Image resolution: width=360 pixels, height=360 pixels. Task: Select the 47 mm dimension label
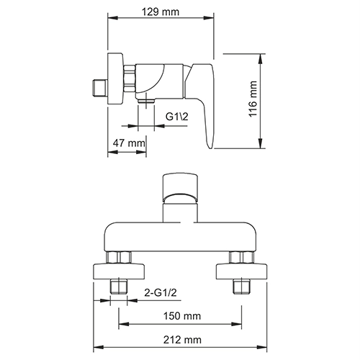pyautogui.click(x=127, y=144)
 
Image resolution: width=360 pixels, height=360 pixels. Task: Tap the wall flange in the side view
pyautogui.click(x=114, y=78)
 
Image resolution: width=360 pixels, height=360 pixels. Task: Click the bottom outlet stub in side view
pyautogui.click(x=146, y=101)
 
